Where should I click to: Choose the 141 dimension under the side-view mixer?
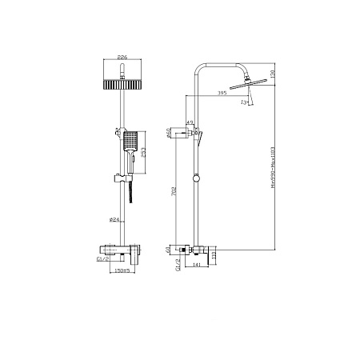[x=196, y=266]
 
